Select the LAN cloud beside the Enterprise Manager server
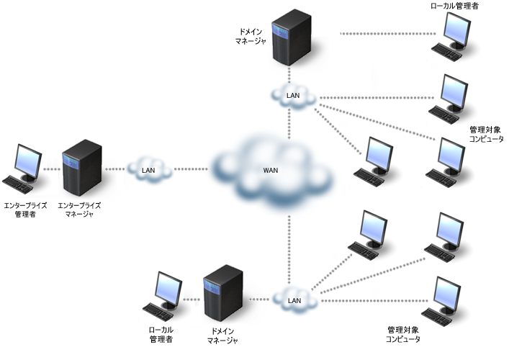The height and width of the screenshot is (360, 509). click(149, 170)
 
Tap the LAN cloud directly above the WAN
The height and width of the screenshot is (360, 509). click(292, 96)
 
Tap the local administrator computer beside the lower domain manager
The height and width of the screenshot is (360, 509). click(164, 296)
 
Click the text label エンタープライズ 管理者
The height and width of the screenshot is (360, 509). click(26, 210)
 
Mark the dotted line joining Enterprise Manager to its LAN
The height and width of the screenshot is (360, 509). click(115, 170)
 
